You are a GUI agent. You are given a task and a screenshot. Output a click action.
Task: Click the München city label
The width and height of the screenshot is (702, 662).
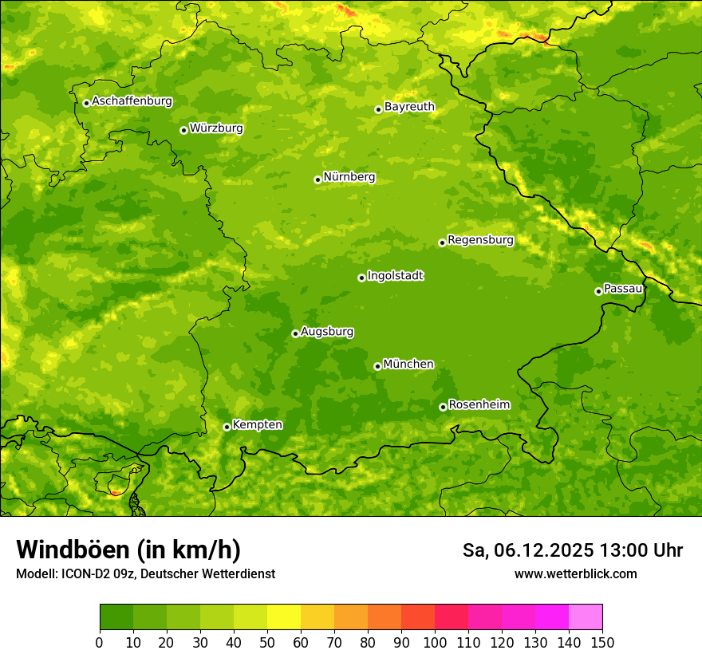[408, 364]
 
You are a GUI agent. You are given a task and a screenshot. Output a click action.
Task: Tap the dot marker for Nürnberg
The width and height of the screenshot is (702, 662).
[317, 179]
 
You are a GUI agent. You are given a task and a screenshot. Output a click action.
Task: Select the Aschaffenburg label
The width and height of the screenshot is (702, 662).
[132, 101]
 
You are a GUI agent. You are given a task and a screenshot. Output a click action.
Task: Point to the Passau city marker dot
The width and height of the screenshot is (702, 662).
[598, 291]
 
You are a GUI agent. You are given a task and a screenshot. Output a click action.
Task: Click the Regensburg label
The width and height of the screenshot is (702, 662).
[480, 240]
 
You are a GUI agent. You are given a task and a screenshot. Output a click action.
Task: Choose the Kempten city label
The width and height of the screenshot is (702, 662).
[257, 425]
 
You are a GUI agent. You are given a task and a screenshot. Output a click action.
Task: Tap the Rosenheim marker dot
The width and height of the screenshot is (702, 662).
[443, 407]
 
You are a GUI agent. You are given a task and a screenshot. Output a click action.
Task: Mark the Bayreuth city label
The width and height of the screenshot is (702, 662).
[409, 107]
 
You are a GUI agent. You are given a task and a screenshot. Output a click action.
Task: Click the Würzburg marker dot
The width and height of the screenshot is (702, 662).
[183, 130]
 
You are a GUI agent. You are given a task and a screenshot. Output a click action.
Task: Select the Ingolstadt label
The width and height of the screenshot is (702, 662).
[395, 276]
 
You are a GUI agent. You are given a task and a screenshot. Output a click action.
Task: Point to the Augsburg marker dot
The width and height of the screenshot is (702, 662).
[295, 333]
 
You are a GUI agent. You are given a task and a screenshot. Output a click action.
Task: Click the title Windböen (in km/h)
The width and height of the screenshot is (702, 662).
[128, 550]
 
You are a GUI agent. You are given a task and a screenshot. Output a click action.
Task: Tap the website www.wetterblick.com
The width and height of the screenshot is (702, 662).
[575, 573]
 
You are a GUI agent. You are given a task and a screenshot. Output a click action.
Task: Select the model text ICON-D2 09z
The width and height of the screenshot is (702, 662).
[95, 573]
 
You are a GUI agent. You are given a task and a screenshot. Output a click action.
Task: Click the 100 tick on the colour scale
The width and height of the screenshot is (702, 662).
[435, 642]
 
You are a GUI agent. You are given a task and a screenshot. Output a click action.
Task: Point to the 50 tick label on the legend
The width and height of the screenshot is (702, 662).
[267, 642]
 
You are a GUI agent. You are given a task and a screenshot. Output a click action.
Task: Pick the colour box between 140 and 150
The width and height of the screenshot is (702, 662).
[586, 617]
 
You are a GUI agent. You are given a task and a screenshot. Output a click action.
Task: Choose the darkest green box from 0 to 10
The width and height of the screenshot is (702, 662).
[116, 617]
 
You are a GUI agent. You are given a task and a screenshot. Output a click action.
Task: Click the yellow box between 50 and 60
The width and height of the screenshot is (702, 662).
[284, 617]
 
